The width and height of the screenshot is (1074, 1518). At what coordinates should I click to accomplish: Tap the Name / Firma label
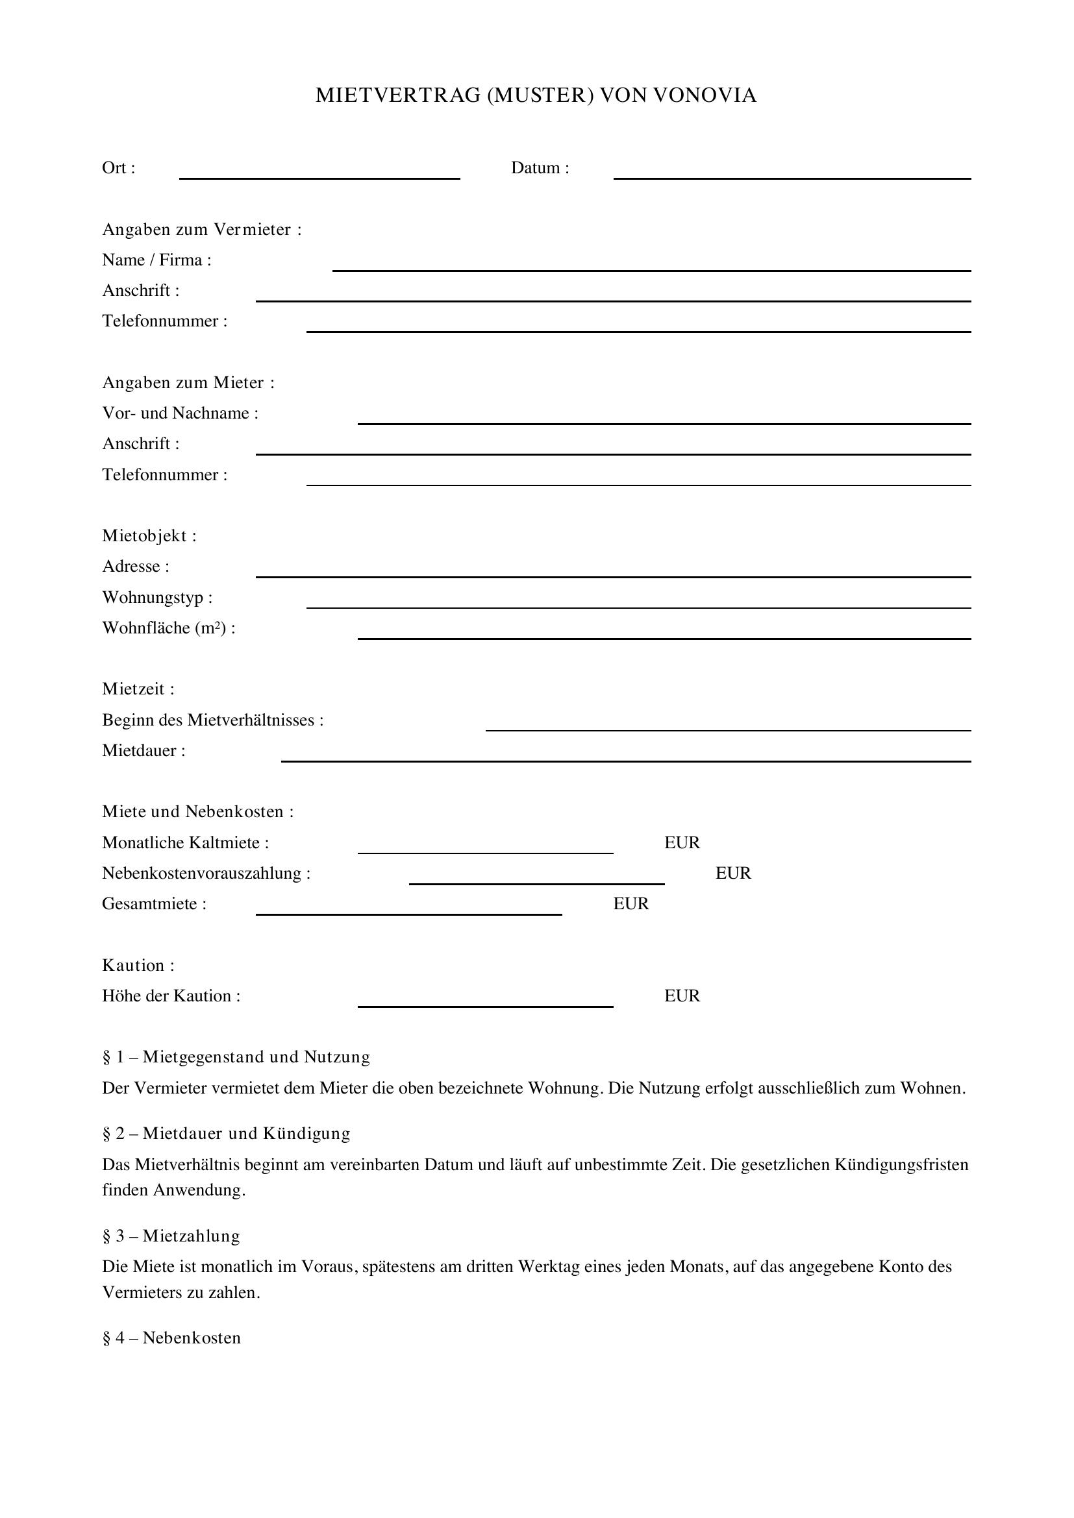156,260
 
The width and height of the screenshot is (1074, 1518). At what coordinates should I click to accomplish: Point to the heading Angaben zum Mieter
188,383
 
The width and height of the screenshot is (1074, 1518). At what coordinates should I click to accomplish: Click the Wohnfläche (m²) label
169,628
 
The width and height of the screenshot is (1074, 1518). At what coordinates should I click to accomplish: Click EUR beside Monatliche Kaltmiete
682,843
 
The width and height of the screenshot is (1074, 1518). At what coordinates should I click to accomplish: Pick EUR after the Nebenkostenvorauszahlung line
732,874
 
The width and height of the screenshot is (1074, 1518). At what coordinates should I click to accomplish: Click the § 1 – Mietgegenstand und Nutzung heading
236,1057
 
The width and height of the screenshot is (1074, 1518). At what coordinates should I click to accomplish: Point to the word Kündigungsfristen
901,1164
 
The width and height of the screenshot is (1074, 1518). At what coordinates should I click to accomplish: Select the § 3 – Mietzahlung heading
171,1236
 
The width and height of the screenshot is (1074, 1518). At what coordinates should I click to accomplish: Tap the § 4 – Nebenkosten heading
171,1338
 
